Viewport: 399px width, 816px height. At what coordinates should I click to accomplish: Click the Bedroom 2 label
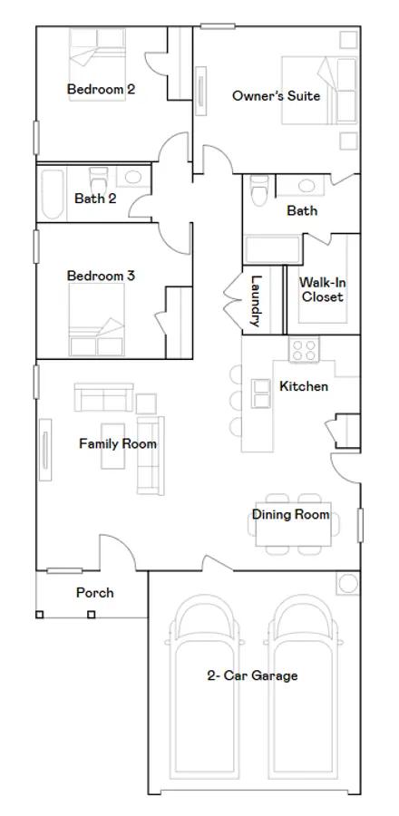[x=101, y=89]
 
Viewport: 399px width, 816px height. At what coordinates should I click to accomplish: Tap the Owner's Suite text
[x=277, y=96]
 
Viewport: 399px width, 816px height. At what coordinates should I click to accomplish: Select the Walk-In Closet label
[x=323, y=290]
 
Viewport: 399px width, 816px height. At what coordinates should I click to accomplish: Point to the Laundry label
[x=255, y=301]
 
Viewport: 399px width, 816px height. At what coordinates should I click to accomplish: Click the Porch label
[x=94, y=593]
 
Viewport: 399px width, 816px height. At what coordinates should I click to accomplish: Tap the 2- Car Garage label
[x=252, y=675]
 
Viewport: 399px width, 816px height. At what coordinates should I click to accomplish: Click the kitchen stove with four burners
[x=305, y=349]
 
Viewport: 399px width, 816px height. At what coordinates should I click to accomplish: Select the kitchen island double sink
[x=260, y=393]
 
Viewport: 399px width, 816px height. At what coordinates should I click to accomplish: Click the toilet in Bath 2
[x=98, y=180]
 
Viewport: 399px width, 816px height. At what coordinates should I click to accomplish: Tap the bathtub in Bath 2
[x=53, y=193]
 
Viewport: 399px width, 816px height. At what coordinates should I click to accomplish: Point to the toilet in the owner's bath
[x=259, y=190]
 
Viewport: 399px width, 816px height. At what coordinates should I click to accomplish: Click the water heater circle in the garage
[x=348, y=583]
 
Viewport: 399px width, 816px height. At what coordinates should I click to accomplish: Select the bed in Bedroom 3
[x=97, y=319]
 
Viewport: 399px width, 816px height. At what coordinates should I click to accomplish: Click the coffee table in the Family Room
[x=112, y=446]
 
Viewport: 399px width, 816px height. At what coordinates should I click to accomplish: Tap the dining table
[x=294, y=524]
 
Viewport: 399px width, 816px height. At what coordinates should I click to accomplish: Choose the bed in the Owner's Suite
[x=319, y=90]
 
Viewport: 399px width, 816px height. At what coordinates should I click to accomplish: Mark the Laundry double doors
[x=233, y=300]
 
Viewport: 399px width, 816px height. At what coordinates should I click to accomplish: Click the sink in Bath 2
[x=133, y=177]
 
